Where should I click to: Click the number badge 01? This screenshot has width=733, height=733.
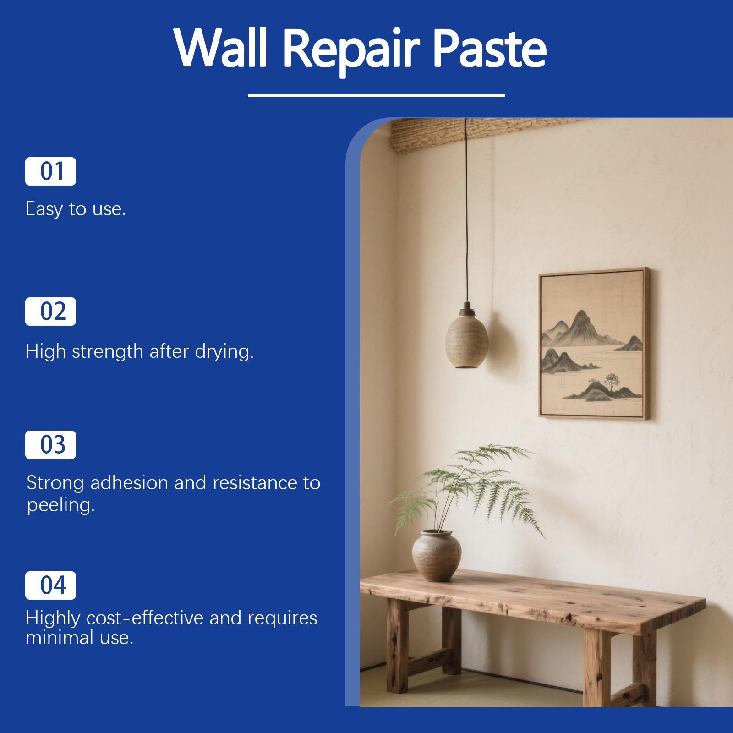coord(50,171)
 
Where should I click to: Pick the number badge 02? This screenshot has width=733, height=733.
coord(50,312)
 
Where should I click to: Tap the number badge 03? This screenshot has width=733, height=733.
coord(50,445)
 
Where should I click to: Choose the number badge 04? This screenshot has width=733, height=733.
coord(50,585)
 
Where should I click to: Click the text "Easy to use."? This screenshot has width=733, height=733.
coord(76,209)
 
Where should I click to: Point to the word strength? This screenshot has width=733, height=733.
coord(108,352)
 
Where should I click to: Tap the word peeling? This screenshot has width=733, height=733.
coord(60,506)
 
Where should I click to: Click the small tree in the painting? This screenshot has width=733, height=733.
coord(610,379)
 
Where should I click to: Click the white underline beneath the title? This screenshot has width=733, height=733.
coord(376,96)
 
